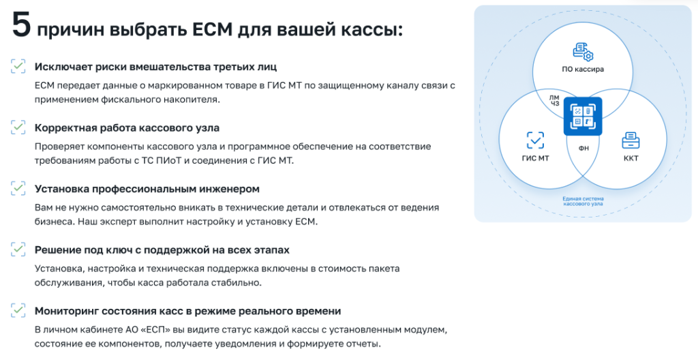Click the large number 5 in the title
pos(21,25)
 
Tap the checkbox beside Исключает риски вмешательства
pos(18,66)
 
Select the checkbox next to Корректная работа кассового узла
pos(18,127)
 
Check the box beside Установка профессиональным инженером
pos(18,188)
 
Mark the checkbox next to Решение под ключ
pos(18,250)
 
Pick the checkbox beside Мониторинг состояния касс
pos(18,310)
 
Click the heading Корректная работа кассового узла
pos(127,128)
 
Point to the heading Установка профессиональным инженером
pos(147,189)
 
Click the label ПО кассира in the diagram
pos(583,69)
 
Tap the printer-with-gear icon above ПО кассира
pos(583,52)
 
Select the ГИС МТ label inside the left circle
pos(535,158)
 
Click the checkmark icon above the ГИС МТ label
pos(535,140)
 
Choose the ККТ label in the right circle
pos(631,158)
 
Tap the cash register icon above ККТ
pos(631,140)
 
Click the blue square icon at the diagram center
pos(583,117)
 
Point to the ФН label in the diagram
pos(583,149)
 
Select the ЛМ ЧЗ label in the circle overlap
pos(554,101)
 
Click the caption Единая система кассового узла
pos(583,201)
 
